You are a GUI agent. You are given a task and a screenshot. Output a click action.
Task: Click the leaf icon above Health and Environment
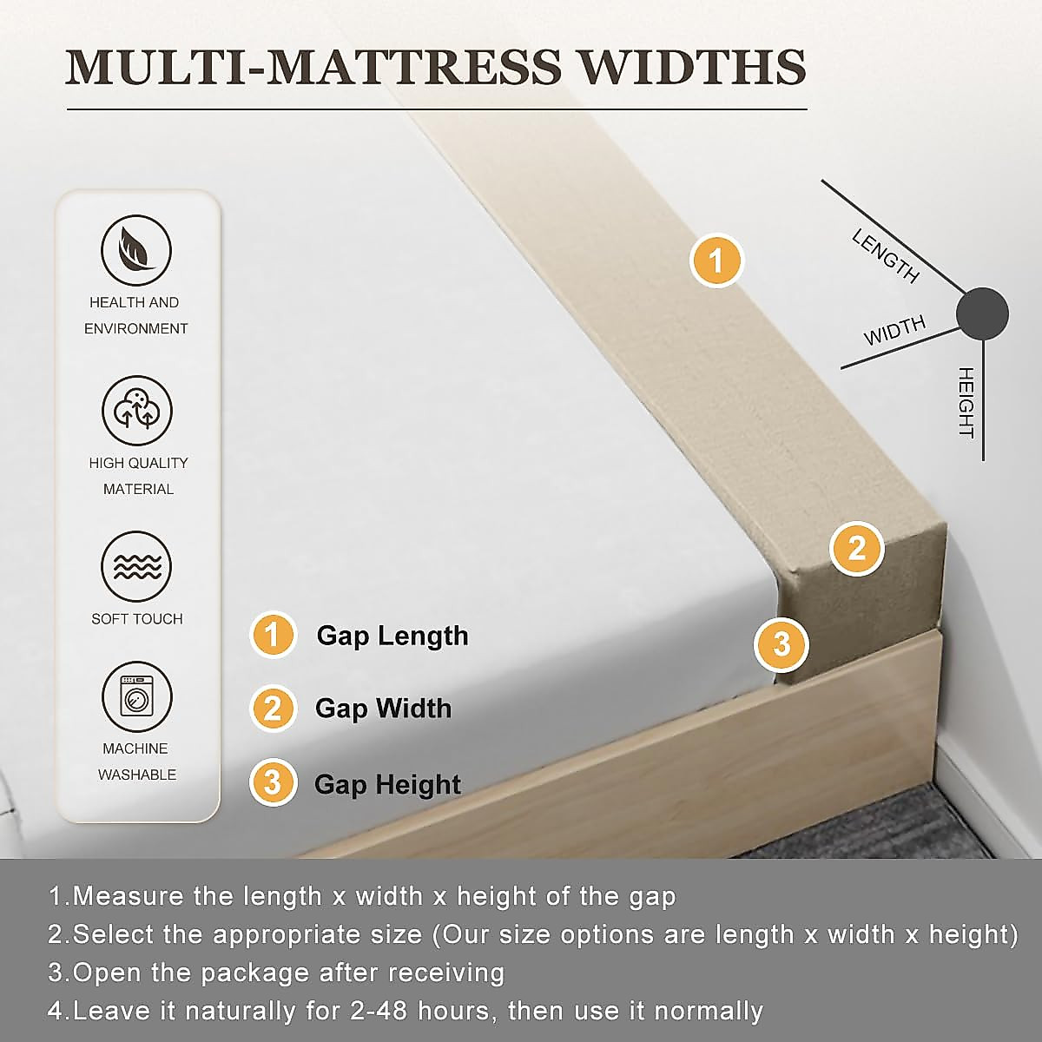[136, 251]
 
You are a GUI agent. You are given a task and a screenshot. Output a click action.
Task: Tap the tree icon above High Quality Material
[137, 411]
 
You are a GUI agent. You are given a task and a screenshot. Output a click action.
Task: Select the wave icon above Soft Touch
[136, 567]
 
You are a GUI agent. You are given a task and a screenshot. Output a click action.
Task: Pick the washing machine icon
[136, 697]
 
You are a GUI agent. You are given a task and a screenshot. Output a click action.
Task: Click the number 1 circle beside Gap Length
[273, 635]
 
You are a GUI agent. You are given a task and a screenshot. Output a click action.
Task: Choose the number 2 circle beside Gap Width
[273, 708]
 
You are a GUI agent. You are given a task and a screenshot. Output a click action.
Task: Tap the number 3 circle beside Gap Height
[273, 782]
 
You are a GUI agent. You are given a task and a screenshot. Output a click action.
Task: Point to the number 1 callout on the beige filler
[716, 260]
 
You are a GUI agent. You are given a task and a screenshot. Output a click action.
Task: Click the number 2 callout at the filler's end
[856, 549]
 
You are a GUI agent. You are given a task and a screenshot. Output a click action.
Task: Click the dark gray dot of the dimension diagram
[982, 313]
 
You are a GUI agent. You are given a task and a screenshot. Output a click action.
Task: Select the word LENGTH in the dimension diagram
[885, 256]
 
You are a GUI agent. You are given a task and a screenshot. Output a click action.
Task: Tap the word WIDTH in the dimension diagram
[894, 331]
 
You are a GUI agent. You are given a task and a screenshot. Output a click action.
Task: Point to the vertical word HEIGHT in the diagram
[966, 402]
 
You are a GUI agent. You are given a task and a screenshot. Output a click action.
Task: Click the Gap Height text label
[387, 784]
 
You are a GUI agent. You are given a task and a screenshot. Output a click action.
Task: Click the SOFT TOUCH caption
[137, 619]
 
